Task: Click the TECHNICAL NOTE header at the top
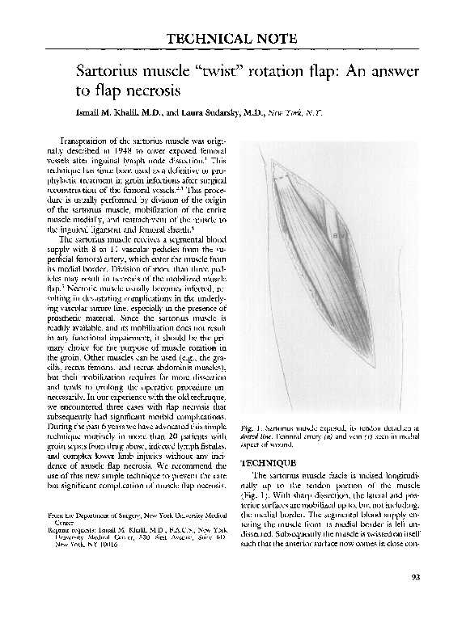(x=231, y=39)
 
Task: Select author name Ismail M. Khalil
(x=118, y=112)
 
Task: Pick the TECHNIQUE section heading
(x=272, y=463)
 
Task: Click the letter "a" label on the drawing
(x=335, y=235)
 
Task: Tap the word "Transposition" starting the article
(x=83, y=140)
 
